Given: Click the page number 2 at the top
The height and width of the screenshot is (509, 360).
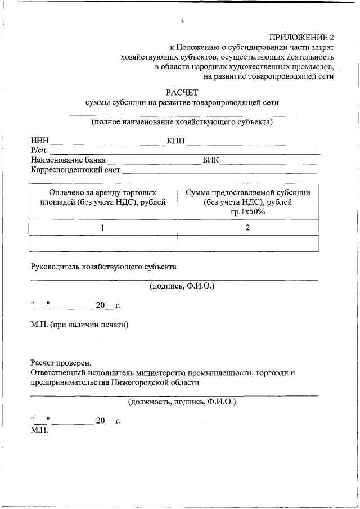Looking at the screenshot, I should (182, 21).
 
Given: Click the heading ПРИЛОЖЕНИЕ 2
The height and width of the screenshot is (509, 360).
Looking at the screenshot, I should (301, 37).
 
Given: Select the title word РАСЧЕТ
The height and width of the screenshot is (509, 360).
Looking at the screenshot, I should (182, 92).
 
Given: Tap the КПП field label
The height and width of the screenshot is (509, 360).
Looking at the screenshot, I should (175, 141).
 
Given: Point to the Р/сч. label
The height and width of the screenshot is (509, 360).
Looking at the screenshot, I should (39, 150).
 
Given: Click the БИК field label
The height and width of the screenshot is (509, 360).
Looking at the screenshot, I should (211, 160).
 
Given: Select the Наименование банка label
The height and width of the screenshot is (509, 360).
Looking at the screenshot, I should (68, 160).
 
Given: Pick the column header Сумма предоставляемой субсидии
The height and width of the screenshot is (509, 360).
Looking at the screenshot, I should (248, 202).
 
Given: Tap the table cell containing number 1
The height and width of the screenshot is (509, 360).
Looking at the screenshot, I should (102, 227).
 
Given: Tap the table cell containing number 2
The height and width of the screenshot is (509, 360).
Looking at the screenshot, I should (248, 227).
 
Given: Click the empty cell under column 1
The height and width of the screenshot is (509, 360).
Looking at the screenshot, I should (102, 243).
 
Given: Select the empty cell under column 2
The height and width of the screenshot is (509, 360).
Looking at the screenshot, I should (248, 243).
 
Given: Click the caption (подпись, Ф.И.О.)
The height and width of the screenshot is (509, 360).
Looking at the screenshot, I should (182, 286).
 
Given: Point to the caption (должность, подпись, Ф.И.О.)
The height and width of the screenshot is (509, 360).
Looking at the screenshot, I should (182, 402).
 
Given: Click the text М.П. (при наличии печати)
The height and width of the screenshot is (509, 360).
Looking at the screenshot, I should (80, 325).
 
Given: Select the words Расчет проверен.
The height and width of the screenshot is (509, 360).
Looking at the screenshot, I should (61, 363).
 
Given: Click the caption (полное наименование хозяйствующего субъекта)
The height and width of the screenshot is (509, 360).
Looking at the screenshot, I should (182, 121).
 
